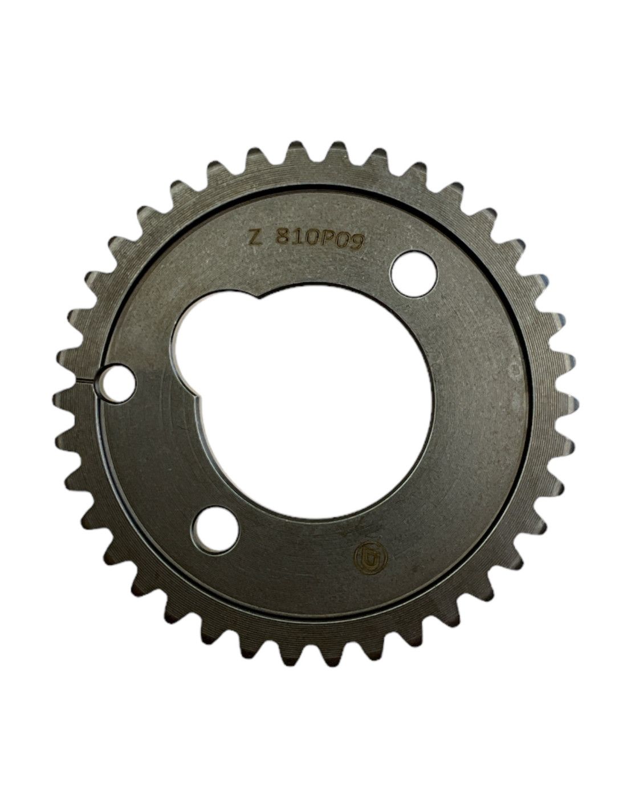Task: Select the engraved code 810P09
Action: coord(319,242)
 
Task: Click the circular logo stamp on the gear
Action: coord(370,558)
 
